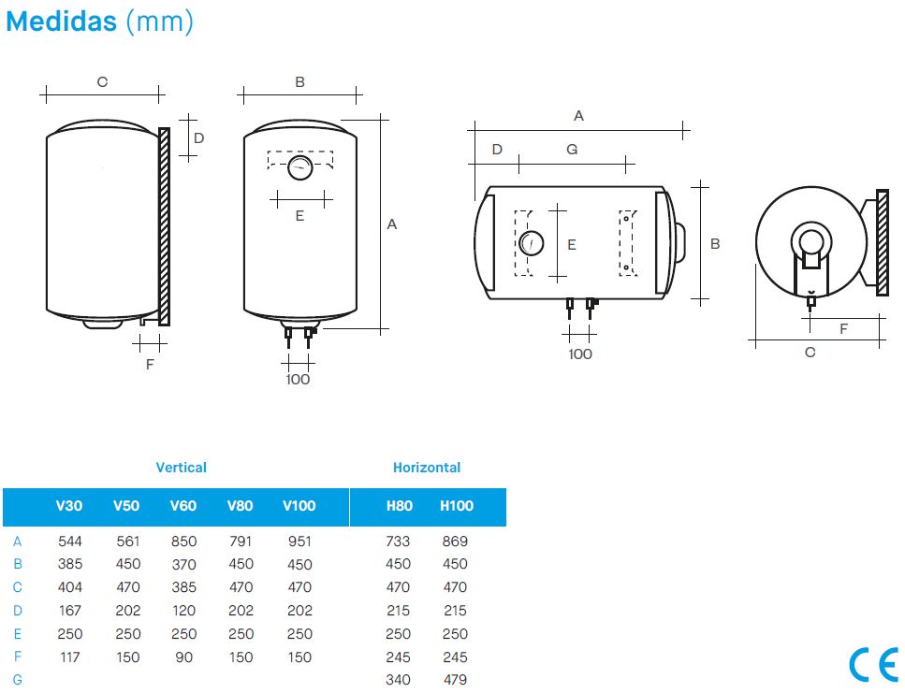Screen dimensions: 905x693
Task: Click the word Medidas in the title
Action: (x=61, y=22)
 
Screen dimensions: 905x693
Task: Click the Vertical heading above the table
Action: (x=182, y=468)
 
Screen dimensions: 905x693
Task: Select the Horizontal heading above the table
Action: (x=427, y=468)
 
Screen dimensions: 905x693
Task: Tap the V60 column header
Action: (x=182, y=506)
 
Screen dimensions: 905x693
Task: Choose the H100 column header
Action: (x=457, y=506)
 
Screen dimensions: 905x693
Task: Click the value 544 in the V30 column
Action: (x=70, y=541)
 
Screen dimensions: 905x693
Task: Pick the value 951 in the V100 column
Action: (x=299, y=541)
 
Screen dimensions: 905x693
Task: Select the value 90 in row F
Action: (x=183, y=657)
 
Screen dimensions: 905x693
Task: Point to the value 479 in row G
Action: (x=455, y=680)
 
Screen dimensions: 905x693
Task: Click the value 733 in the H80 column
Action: (x=399, y=541)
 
